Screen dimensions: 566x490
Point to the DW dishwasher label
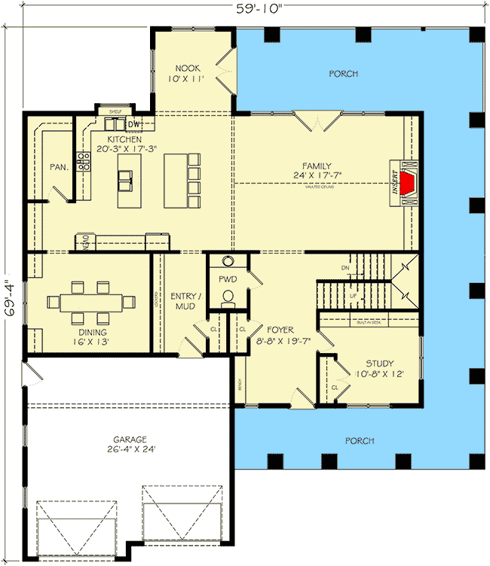click(x=135, y=124)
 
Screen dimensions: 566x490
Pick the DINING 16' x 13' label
click(x=90, y=336)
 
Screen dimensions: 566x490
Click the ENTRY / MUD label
click(x=183, y=301)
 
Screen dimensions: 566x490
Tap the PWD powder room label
click(x=228, y=279)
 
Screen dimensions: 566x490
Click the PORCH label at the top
click(x=343, y=74)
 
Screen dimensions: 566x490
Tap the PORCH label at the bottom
click(x=356, y=441)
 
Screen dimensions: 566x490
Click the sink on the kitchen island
click(x=126, y=178)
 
